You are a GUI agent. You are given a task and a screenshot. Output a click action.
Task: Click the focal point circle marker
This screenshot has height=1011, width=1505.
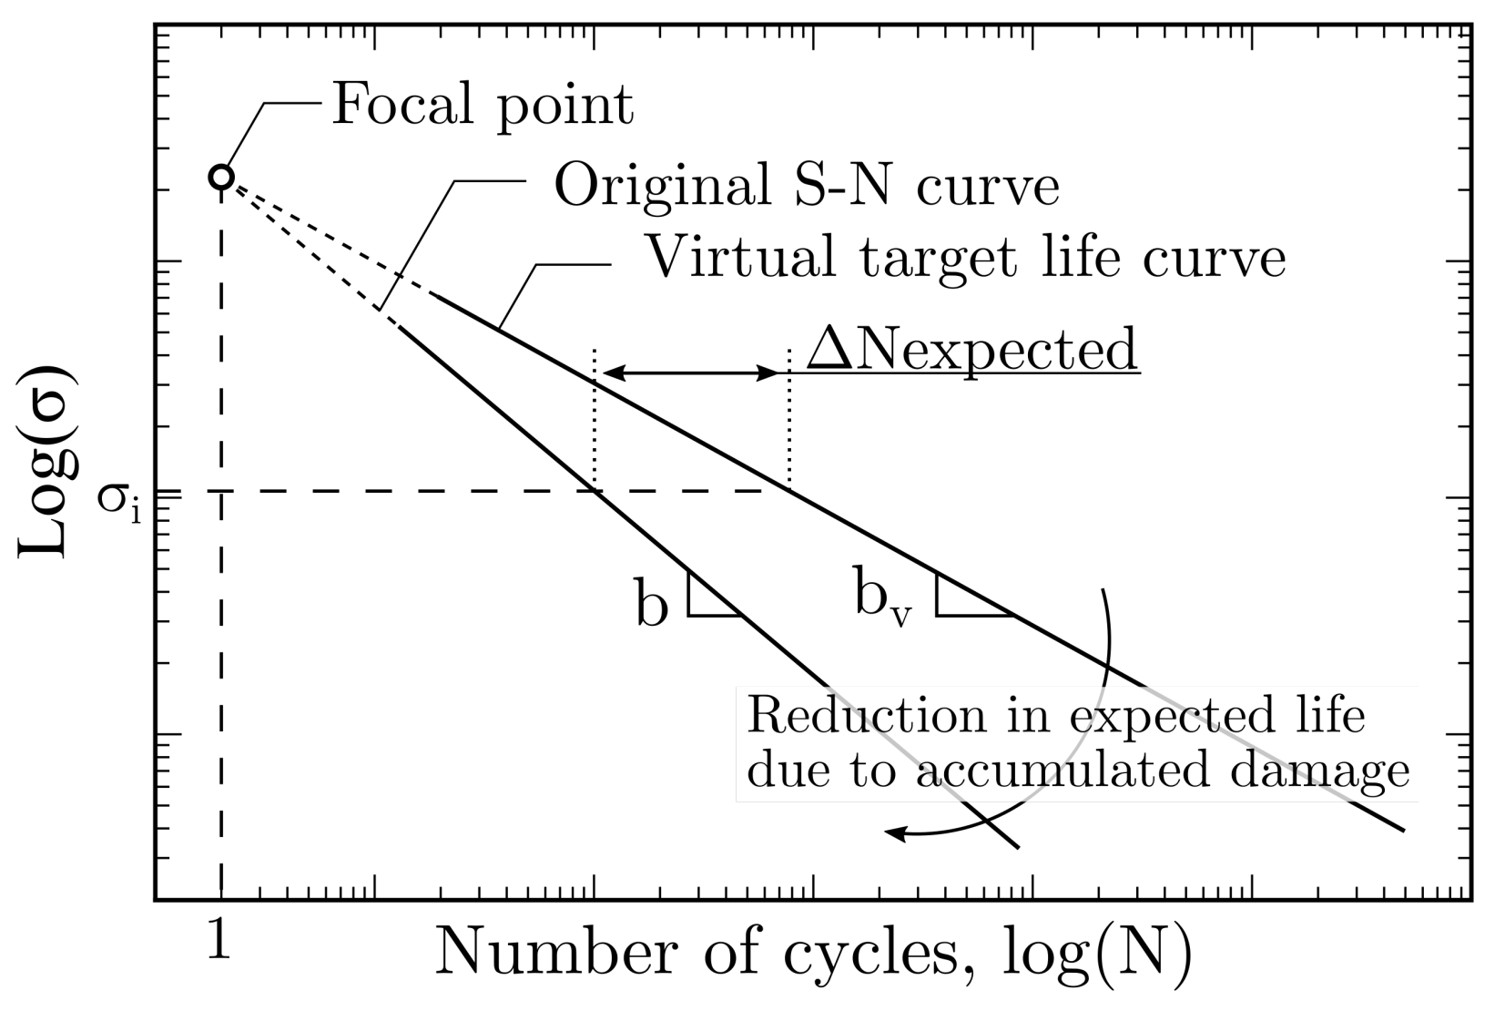(221, 177)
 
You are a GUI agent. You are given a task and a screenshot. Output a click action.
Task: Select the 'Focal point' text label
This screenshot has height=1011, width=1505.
(482, 105)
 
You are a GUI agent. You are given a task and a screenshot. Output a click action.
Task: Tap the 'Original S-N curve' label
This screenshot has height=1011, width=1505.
(807, 186)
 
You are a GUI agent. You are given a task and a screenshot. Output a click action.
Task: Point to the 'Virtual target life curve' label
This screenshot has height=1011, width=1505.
(965, 258)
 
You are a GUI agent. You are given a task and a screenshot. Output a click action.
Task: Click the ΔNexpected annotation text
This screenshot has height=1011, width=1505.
(972, 350)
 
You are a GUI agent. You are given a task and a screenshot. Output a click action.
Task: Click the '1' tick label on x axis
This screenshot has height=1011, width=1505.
(219, 945)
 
